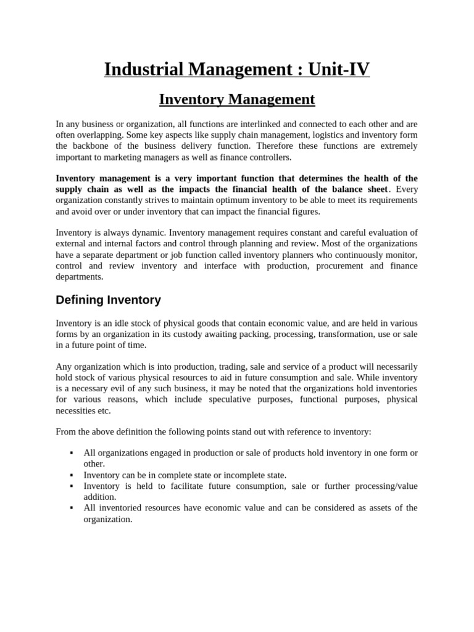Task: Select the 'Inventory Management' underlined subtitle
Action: [237, 99]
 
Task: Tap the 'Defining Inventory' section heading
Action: [108, 300]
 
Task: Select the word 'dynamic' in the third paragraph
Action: [150, 233]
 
